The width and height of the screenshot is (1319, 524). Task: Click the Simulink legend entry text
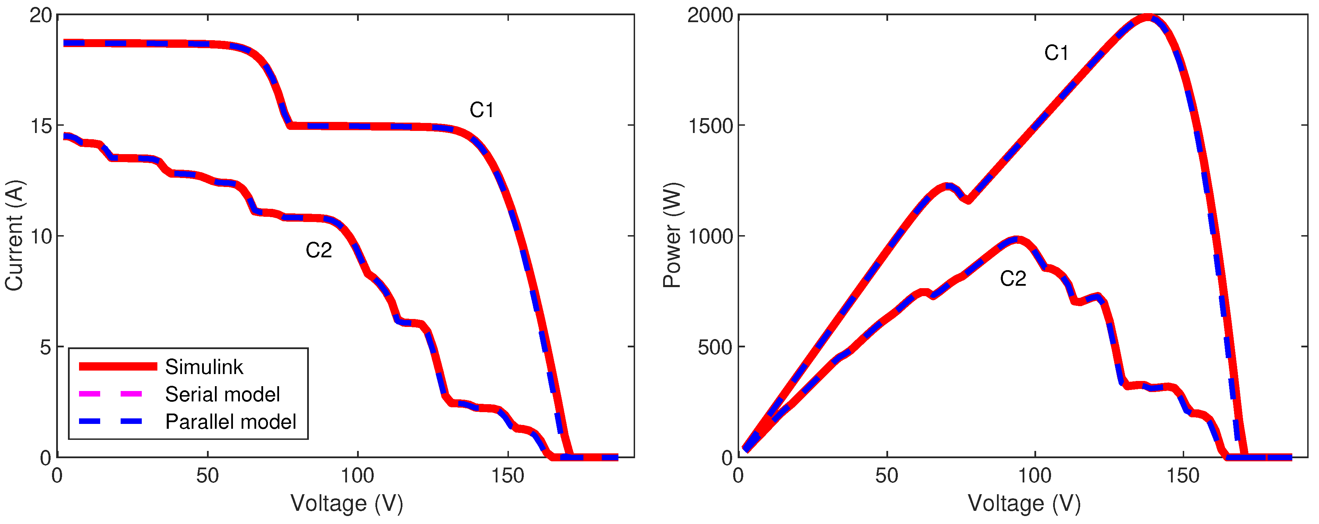[204, 367]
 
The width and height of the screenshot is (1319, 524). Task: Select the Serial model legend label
[222, 394]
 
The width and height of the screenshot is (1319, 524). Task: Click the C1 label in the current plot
[481, 110]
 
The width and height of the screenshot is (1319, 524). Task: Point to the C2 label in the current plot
[319, 250]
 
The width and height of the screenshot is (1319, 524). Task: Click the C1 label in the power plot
[1056, 53]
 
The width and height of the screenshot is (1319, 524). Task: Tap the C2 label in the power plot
[1013, 279]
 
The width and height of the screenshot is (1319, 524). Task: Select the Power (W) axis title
[672, 236]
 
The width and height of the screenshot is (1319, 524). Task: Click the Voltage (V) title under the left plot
[347, 504]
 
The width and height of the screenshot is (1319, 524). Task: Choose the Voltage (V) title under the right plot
[1024, 504]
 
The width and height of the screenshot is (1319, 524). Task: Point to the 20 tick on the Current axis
[41, 15]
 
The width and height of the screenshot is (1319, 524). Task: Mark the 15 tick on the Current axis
[41, 126]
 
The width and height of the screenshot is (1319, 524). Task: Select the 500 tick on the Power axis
[715, 347]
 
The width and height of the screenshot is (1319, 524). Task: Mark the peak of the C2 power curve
[1016, 239]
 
